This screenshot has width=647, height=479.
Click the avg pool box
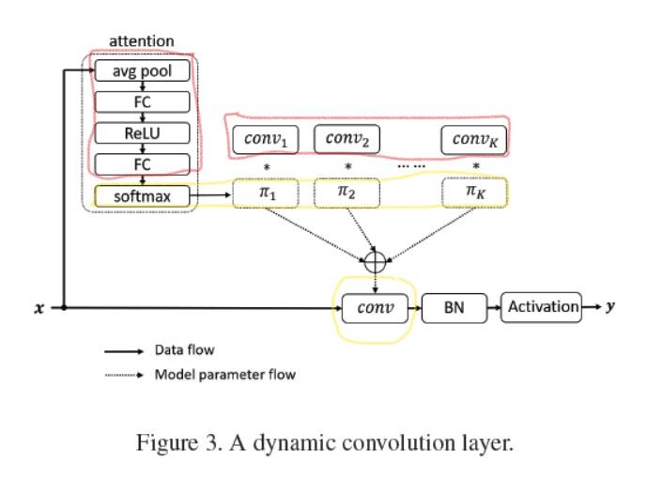point(144,70)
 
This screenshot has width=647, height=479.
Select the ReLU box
point(144,133)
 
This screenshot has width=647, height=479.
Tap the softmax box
point(144,195)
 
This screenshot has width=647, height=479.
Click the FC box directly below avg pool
point(144,101)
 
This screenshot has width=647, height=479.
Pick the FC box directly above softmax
point(144,164)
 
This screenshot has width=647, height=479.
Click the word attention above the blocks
point(141,41)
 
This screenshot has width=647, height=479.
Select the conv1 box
point(266,140)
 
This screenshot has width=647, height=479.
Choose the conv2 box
point(347,139)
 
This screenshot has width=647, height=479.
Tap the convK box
point(475,140)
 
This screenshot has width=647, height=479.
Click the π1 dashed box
point(266,193)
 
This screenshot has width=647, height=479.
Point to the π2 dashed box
point(347,193)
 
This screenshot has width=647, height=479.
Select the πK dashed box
point(475,193)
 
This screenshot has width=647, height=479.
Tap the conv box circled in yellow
point(375,307)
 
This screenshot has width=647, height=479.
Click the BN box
point(454,307)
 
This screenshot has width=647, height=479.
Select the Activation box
point(543,306)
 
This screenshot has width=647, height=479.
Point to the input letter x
point(39,307)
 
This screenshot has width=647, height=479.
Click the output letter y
point(610,306)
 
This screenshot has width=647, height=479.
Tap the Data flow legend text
point(184,350)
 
